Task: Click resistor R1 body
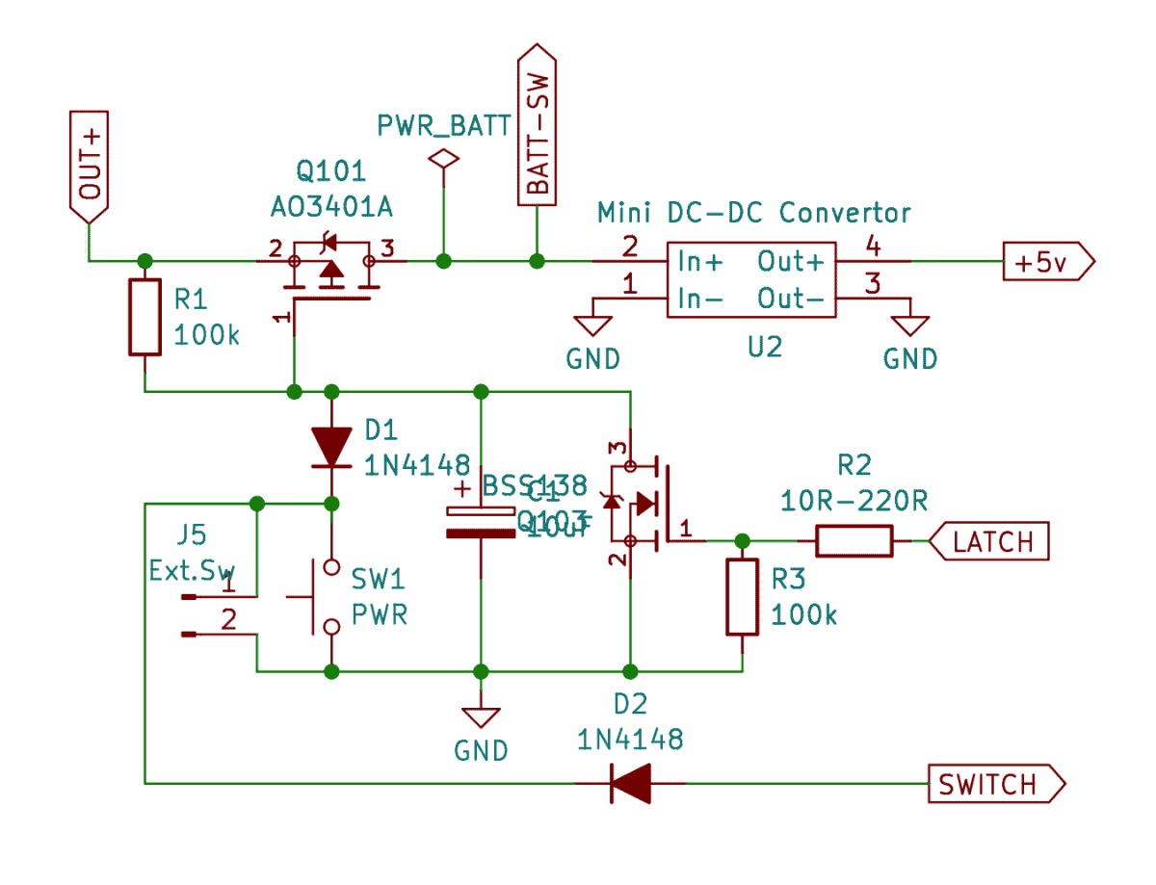click(144, 318)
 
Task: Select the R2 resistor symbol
click(854, 541)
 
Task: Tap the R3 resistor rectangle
click(742, 597)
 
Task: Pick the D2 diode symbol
click(631, 783)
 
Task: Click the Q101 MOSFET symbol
click(330, 272)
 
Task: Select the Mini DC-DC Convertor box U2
click(750, 279)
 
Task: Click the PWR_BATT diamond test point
click(443, 160)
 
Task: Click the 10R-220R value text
click(854, 502)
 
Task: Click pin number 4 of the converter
click(873, 247)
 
